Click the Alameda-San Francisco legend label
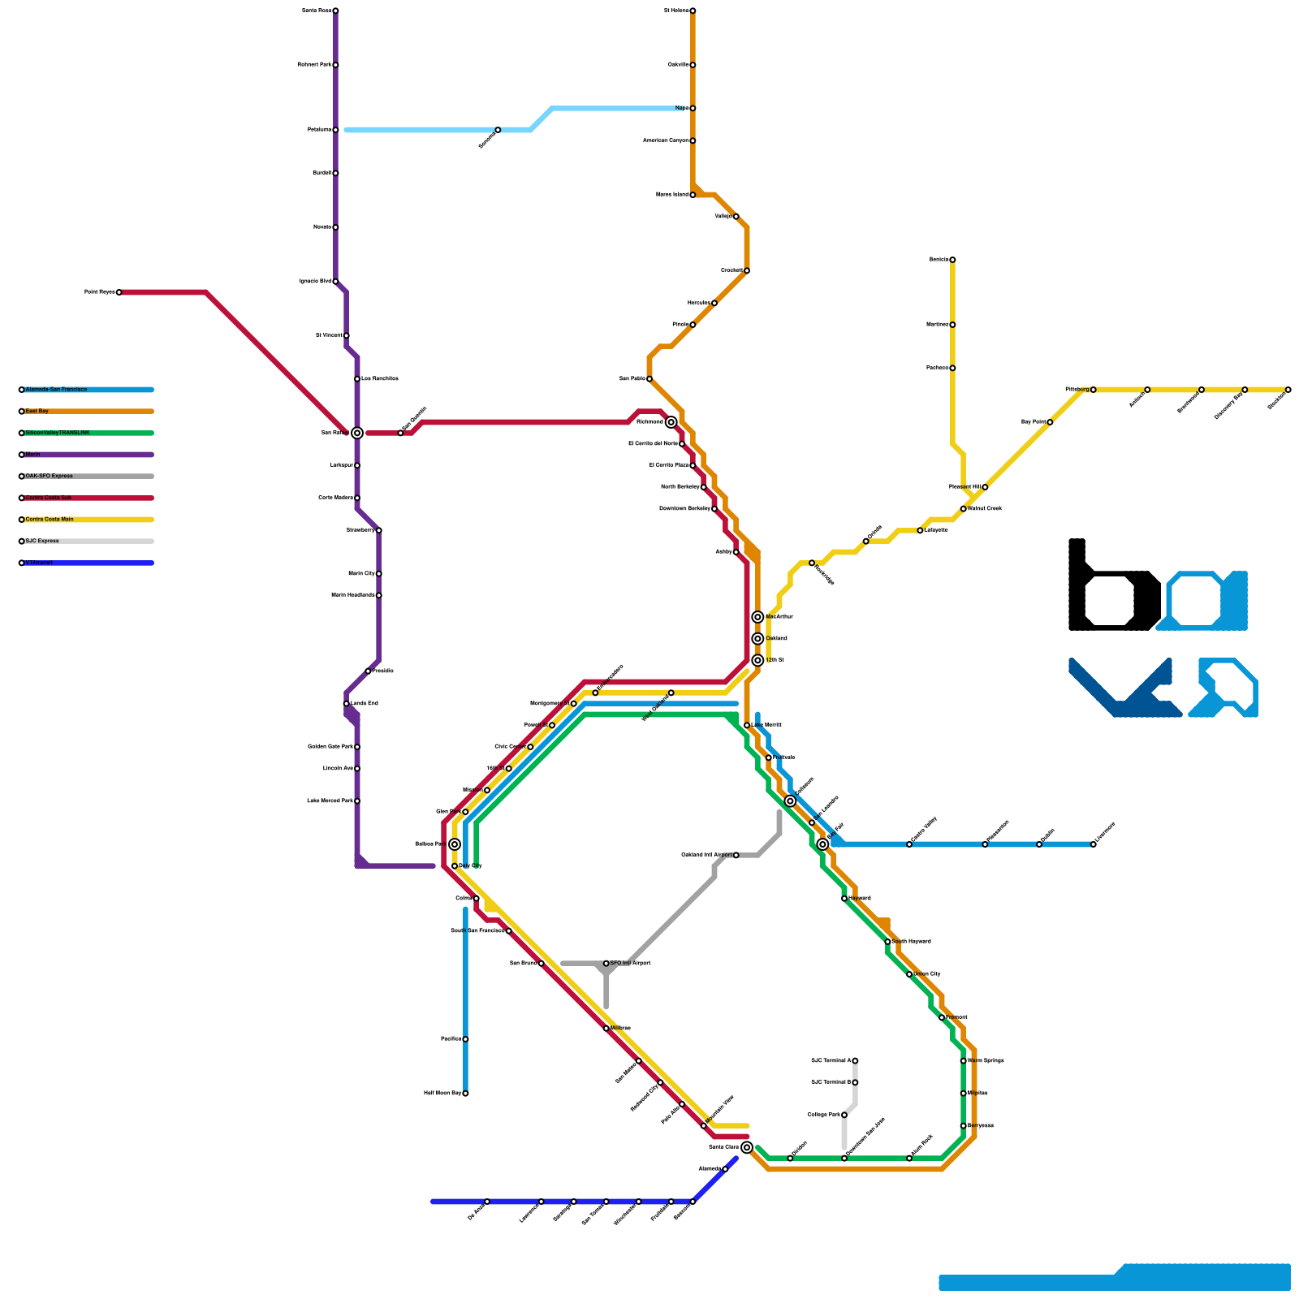[56, 390]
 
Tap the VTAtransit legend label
[39, 563]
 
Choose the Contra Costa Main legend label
[50, 520]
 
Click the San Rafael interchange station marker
[357, 434]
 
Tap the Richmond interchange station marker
[671, 422]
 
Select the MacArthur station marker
[757, 617]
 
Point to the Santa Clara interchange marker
[747, 1147]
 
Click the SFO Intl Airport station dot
[606, 964]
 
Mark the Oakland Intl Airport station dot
[736, 855]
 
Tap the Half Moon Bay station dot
[465, 1094]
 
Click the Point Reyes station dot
[119, 292]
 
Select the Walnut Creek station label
[985, 509]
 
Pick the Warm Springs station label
[986, 1061]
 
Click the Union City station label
[926, 974]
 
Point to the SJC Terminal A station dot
[855, 1061]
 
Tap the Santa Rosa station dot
[335, 11]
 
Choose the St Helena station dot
[693, 11]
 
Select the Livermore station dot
[1094, 844]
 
